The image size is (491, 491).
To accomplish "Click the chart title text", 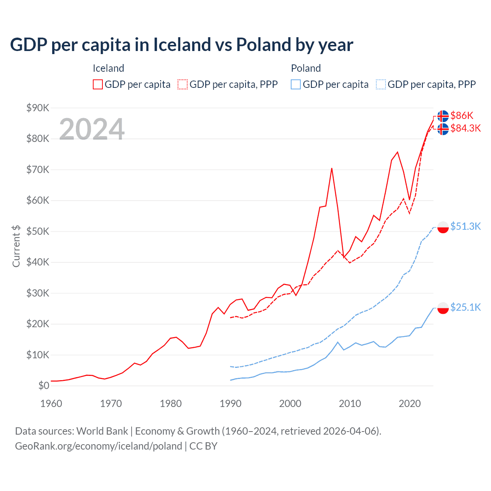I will tap(181, 44).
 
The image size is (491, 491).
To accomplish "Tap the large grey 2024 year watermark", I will tap(92, 129).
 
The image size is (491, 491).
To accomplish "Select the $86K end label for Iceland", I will tap(462, 115).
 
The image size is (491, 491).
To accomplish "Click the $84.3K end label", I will tap(465, 128).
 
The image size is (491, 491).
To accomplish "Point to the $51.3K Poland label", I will tap(465, 226).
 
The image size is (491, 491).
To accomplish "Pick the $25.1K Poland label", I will tap(465, 307).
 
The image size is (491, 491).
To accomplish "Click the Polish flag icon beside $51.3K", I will tap(443, 227).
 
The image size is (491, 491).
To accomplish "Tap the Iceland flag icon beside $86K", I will tap(443, 116).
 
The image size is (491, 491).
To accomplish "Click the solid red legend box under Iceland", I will tap(98, 84).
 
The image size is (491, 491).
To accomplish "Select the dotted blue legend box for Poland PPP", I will tap(381, 84).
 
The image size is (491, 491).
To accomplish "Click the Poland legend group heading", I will tap(306, 68).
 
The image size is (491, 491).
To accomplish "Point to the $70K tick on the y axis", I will tap(38, 170).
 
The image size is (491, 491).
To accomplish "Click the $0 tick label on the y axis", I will tap(44, 386).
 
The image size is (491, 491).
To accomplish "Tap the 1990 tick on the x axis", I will tap(231, 404).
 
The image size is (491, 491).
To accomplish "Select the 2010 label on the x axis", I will tap(350, 404).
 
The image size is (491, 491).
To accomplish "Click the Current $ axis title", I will tap(16, 246).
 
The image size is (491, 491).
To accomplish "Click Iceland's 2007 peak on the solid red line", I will tap(331, 168).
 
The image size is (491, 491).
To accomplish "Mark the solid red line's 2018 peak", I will tap(397, 152).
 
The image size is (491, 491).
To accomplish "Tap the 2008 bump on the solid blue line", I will tap(338, 342).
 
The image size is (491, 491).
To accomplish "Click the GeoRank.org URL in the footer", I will tap(99, 446).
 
